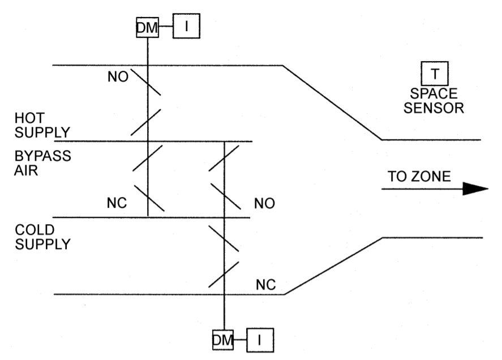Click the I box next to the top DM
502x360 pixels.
(186, 26)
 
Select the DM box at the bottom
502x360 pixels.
(224, 339)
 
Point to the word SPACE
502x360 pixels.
(435, 93)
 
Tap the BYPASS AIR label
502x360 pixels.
(42, 162)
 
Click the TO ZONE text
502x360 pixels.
(419, 176)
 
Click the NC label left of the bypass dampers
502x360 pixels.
(117, 202)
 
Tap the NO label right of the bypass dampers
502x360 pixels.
(264, 203)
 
